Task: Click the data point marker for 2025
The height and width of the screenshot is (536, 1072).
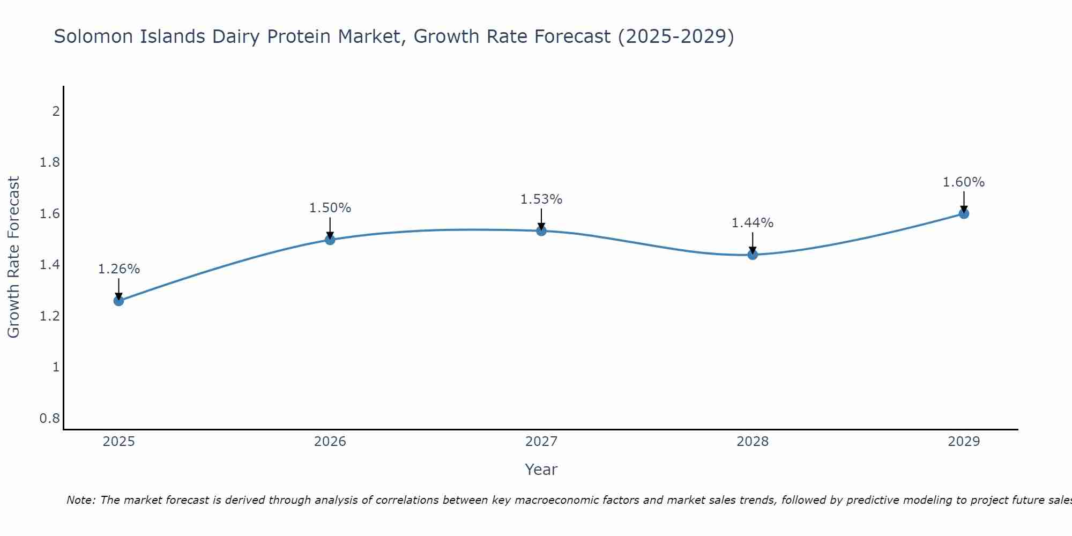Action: coord(118,301)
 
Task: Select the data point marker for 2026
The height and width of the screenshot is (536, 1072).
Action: coord(330,240)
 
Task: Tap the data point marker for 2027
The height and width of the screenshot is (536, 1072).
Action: coord(541,231)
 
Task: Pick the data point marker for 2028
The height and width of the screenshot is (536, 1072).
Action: coord(753,255)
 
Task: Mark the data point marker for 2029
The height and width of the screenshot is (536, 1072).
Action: coord(964,214)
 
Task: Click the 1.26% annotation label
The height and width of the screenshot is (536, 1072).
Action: coord(118,269)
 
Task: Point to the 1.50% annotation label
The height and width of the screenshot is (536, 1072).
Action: coord(330,208)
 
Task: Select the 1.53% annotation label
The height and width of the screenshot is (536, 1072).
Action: coord(541,199)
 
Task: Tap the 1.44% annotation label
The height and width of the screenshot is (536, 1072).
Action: coord(753,223)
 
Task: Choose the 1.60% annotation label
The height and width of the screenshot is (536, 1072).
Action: coord(964,182)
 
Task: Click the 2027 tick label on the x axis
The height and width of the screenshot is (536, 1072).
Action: coord(541,442)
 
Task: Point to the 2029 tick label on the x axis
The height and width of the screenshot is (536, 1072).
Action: coord(964,442)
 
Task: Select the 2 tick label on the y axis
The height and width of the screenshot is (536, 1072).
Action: coord(55,111)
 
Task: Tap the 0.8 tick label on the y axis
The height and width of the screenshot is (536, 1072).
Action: coord(49,418)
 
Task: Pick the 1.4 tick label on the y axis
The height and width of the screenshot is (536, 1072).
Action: coord(49,265)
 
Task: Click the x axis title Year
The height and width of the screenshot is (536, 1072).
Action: coord(541,470)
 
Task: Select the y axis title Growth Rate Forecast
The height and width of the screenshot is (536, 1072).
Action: coord(13,257)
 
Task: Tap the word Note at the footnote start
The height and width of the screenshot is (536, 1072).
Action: coord(80,500)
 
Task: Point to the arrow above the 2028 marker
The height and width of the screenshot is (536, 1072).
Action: coord(753,242)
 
